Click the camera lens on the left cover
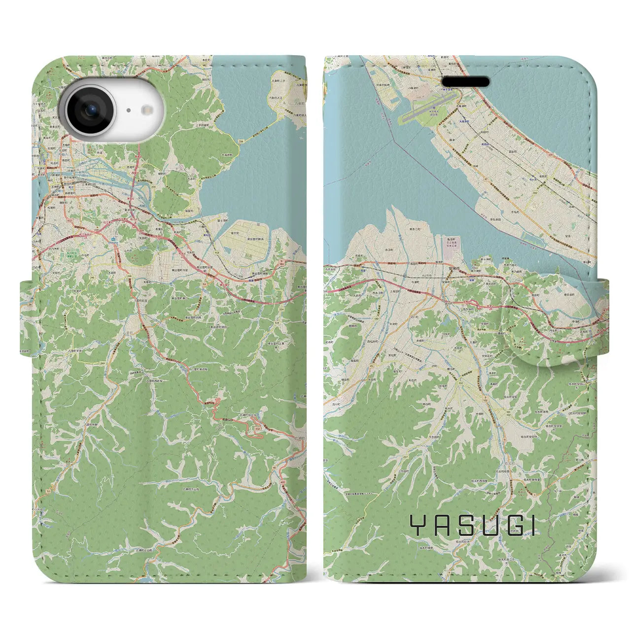click(x=90, y=111)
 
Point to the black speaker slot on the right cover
click(x=465, y=81)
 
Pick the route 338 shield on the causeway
click(x=241, y=141)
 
